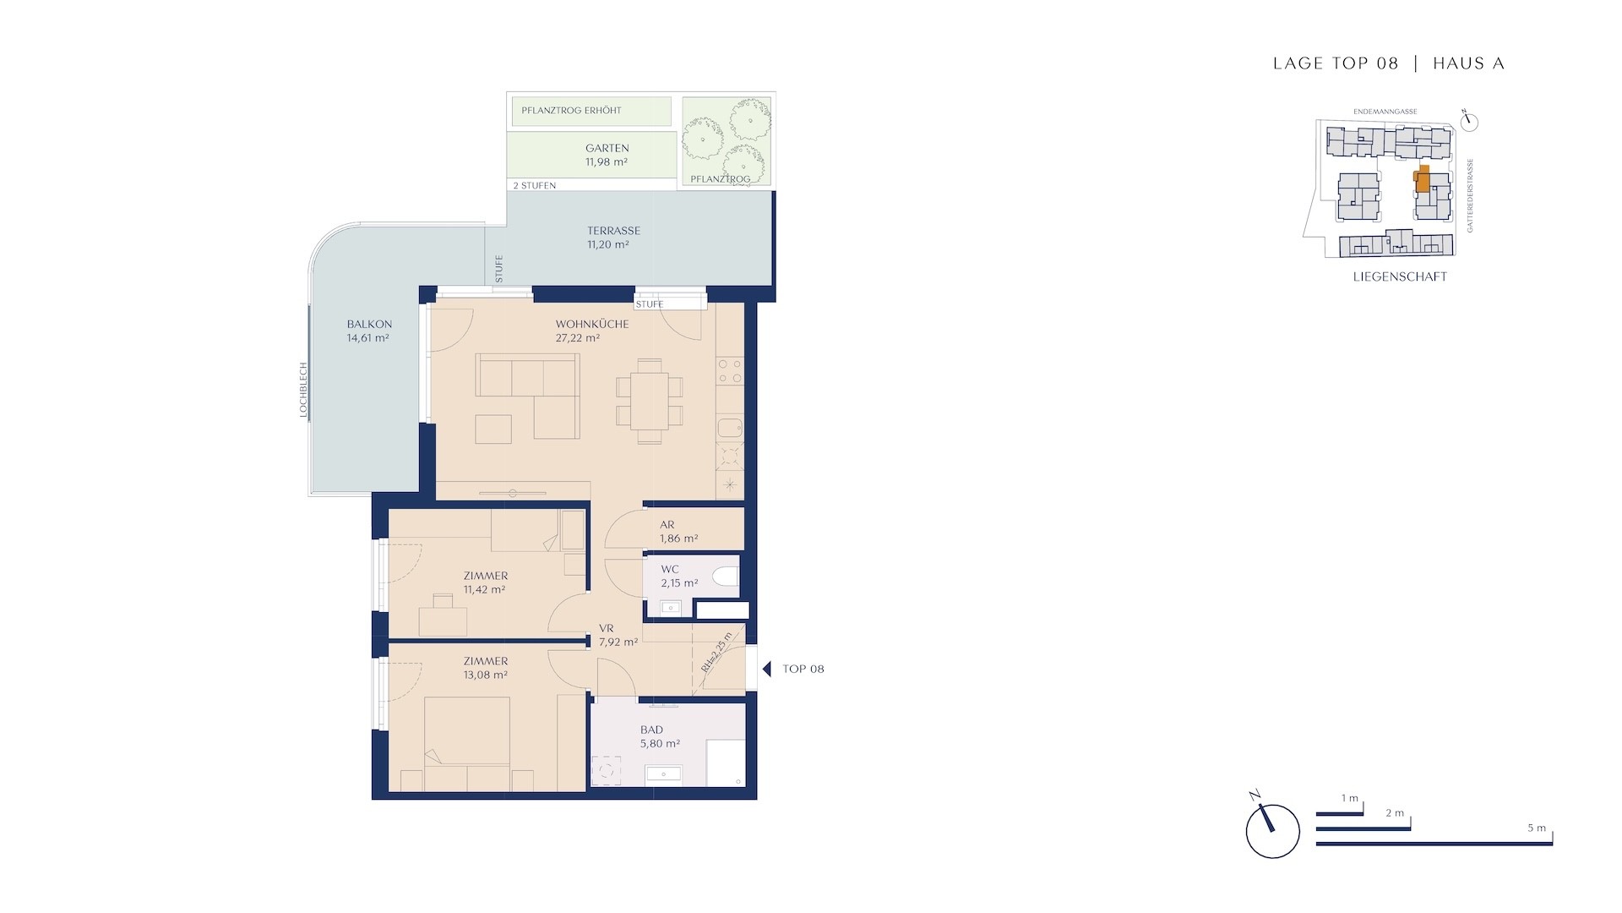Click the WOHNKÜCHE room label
(591, 324)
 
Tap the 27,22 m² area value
(578, 338)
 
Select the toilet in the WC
(725, 577)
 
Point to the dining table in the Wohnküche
(650, 401)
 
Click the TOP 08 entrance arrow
(767, 669)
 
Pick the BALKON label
(369, 324)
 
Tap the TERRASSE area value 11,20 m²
(608, 245)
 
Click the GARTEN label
(607, 148)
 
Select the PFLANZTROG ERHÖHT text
(571, 111)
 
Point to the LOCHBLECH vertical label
(303, 391)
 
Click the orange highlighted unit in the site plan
(1423, 180)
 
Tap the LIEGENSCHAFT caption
(1400, 276)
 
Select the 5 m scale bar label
(1537, 828)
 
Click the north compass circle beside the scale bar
(1272, 832)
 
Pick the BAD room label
(651, 730)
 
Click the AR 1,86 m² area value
(679, 539)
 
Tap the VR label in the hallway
(606, 628)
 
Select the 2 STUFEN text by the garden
(535, 185)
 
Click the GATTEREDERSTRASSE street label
(1470, 196)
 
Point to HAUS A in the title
(1469, 63)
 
